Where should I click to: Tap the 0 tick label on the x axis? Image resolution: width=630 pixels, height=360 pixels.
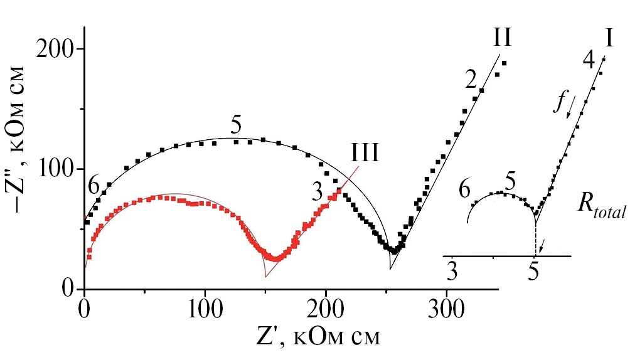(83, 309)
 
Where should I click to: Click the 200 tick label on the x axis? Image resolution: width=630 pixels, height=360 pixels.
(326, 309)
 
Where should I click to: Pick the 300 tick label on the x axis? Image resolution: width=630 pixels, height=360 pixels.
(446, 309)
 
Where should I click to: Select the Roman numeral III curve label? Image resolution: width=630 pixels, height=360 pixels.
(365, 152)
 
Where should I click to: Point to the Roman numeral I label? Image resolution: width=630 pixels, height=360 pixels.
(609, 39)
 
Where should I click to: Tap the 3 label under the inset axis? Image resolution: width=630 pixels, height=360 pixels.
(451, 271)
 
